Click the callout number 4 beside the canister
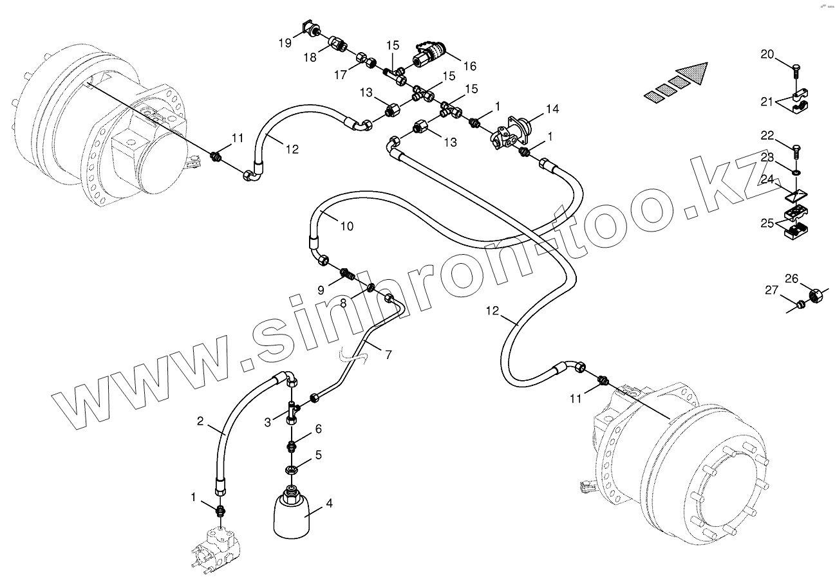[330, 504]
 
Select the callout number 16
[469, 66]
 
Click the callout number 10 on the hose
[346, 226]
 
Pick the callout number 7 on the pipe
[388, 354]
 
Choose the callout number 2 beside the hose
[200, 422]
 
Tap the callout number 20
[767, 55]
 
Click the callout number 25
[767, 223]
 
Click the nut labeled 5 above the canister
[291, 469]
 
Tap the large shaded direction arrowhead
[693, 73]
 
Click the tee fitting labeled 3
[294, 410]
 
